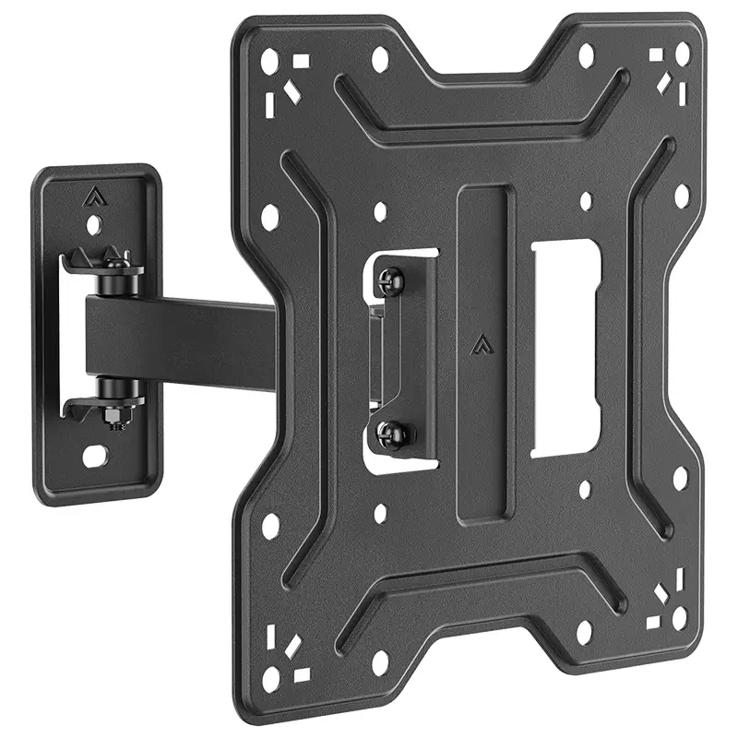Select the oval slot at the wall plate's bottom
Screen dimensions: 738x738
point(95,456)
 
